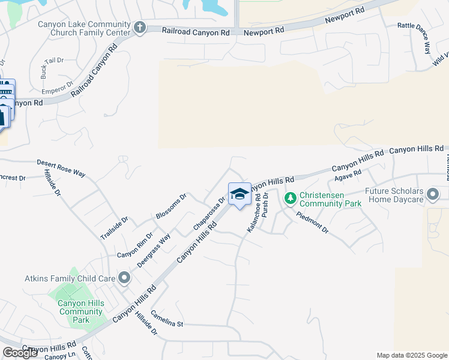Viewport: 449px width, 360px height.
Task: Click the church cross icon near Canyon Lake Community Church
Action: point(140,27)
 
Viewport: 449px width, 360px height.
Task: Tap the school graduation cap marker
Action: point(240,194)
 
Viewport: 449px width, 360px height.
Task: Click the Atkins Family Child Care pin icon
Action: point(124,277)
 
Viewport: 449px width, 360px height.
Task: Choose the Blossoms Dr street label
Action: point(172,205)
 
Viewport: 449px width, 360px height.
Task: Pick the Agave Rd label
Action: point(348,176)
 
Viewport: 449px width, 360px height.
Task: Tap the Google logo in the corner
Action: point(20,353)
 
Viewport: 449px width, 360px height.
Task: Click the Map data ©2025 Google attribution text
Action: point(412,355)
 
